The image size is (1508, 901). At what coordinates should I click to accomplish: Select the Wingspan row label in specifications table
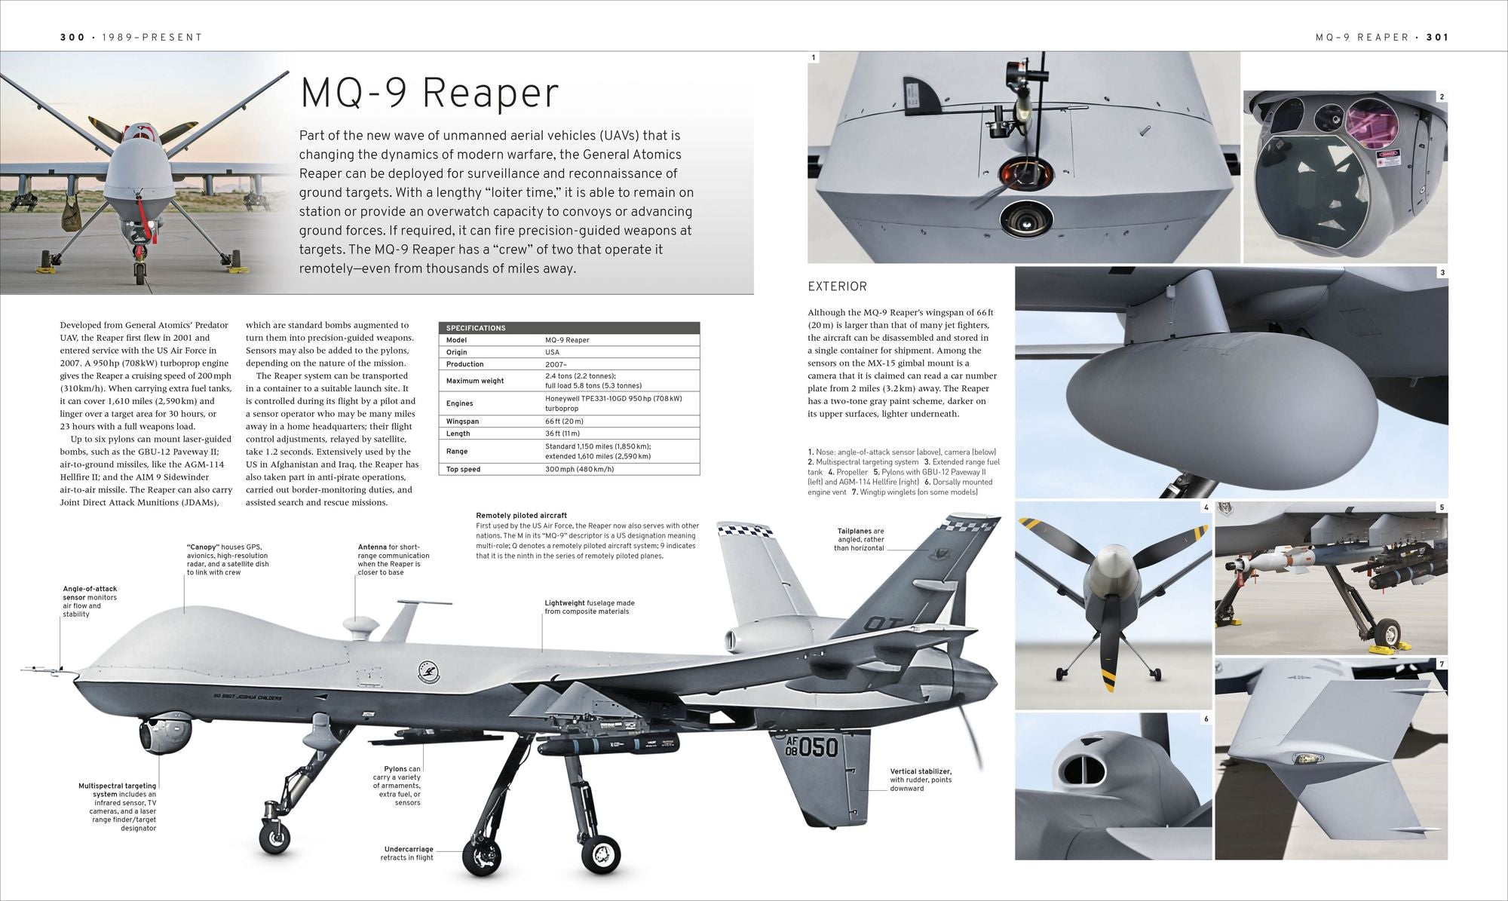tap(462, 421)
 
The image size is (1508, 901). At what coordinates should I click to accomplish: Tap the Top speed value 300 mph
tap(580, 469)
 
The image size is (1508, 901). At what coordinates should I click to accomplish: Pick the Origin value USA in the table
tap(553, 352)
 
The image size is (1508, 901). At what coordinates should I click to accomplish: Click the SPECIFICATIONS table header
tap(476, 328)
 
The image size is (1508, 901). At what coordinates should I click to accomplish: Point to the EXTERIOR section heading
tap(837, 287)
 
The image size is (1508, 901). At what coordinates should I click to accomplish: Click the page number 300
tap(73, 37)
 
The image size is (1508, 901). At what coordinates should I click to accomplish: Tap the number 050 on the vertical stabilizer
tap(818, 748)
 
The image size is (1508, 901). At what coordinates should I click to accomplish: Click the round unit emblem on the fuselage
tap(428, 672)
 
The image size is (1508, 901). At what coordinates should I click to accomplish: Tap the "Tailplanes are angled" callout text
tap(860, 540)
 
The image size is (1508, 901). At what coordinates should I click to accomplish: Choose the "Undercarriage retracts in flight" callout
tap(409, 853)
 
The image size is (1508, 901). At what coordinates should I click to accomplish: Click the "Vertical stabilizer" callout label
tap(921, 780)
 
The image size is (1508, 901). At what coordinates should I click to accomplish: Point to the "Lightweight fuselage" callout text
tap(590, 607)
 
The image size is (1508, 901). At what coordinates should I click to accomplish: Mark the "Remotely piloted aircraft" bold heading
tap(522, 516)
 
